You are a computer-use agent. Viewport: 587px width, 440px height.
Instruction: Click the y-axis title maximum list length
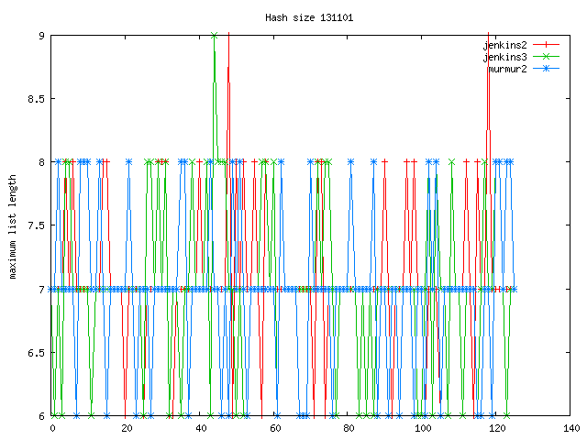pyautogui.click(x=14, y=225)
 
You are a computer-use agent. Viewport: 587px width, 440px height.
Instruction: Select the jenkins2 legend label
pyautogui.click(x=509, y=44)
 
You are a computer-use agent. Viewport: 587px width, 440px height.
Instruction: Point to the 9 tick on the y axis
pyautogui.click(x=41, y=36)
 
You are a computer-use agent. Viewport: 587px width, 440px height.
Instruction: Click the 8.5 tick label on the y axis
pyautogui.click(x=36, y=99)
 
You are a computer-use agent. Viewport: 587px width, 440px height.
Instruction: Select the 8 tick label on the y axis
pyautogui.click(x=41, y=162)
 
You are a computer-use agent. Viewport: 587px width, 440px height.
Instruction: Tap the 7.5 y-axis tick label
pyautogui.click(x=36, y=225)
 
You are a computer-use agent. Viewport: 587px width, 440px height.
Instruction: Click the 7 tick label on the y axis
pyautogui.click(x=41, y=290)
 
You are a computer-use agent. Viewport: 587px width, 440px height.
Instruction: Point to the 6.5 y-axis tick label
pyautogui.click(x=36, y=353)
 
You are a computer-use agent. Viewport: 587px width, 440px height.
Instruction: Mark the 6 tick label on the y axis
pyautogui.click(x=41, y=416)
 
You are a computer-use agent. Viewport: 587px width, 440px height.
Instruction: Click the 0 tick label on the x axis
pyautogui.click(x=52, y=428)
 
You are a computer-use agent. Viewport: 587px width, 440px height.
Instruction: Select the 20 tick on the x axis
pyautogui.click(x=127, y=428)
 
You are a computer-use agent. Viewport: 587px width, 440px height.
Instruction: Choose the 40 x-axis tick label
pyautogui.click(x=201, y=428)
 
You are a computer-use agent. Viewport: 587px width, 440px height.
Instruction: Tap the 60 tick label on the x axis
pyautogui.click(x=275, y=428)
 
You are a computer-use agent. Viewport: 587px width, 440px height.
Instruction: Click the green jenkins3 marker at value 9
pyautogui.click(x=214, y=36)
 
